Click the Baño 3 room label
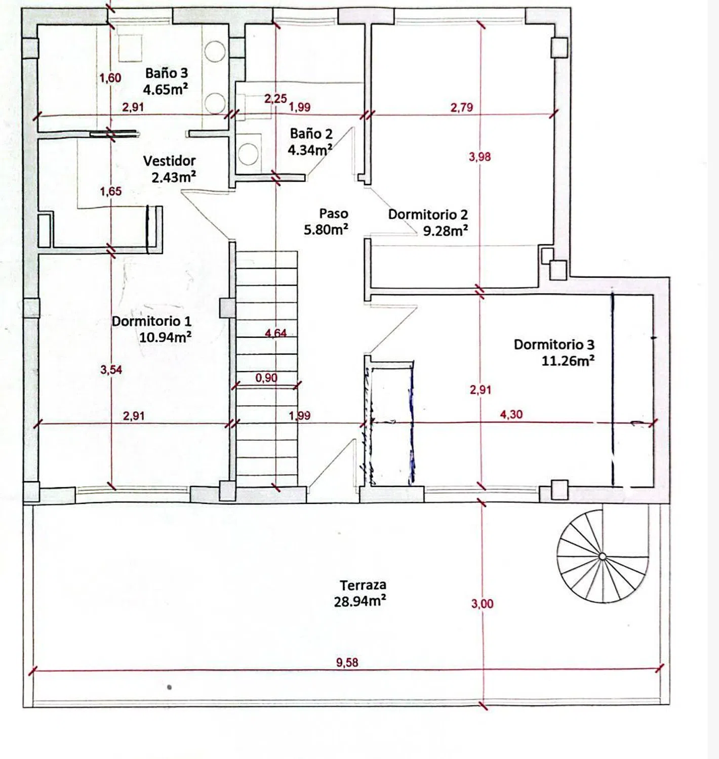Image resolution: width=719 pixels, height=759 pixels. click(167, 73)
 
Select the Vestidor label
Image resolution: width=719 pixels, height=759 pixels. click(169, 160)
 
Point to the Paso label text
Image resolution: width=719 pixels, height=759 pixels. click(333, 213)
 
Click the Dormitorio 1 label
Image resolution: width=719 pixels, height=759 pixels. click(151, 321)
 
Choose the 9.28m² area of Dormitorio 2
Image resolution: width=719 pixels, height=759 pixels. click(446, 231)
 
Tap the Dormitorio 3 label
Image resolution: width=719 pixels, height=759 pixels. click(554, 344)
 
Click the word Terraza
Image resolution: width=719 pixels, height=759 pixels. click(363, 585)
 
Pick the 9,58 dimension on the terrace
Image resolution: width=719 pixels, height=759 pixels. click(347, 662)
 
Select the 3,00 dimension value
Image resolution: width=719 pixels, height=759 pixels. click(482, 603)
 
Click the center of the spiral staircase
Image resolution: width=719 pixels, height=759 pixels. click(602, 556)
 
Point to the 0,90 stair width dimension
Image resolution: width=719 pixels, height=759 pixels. click(266, 377)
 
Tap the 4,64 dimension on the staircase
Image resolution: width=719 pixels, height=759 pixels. click(276, 333)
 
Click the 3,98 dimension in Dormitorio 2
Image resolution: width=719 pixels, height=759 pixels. click(480, 157)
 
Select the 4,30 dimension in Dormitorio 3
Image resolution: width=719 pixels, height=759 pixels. click(511, 414)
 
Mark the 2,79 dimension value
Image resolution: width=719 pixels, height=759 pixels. click(462, 107)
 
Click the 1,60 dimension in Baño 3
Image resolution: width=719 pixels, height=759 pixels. click(110, 78)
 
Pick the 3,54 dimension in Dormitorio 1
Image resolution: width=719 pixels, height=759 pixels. click(111, 369)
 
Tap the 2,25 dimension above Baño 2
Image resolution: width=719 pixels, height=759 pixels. click(275, 99)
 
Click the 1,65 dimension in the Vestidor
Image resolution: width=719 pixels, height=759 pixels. click(111, 191)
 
